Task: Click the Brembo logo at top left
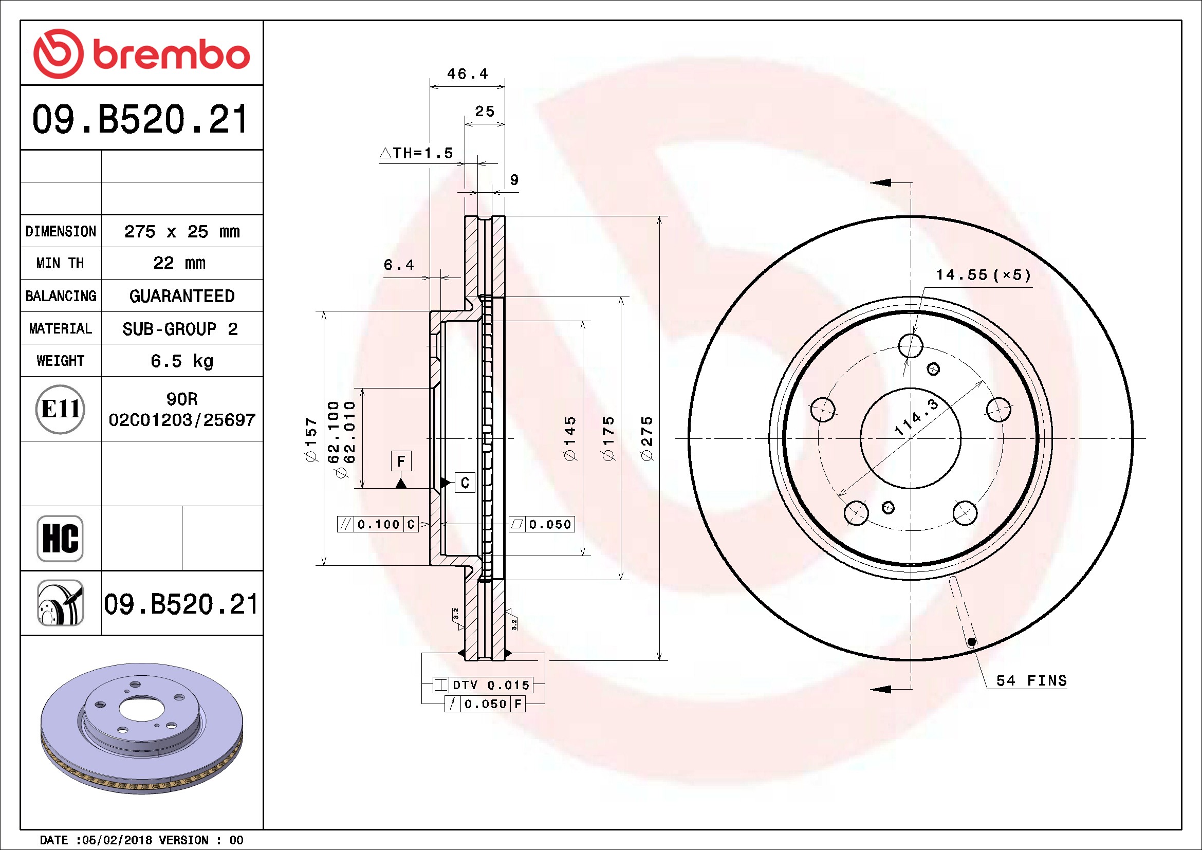pos(141,54)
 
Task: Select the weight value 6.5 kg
pos(181,361)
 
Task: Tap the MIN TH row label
pos(60,263)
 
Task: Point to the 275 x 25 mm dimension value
pos(181,231)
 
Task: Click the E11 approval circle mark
pos(60,409)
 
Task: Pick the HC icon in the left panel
pos(60,539)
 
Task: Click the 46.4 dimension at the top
pos(468,74)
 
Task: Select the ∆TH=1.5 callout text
pos(416,153)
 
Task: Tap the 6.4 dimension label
pos(399,265)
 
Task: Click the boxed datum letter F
pos(401,461)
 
